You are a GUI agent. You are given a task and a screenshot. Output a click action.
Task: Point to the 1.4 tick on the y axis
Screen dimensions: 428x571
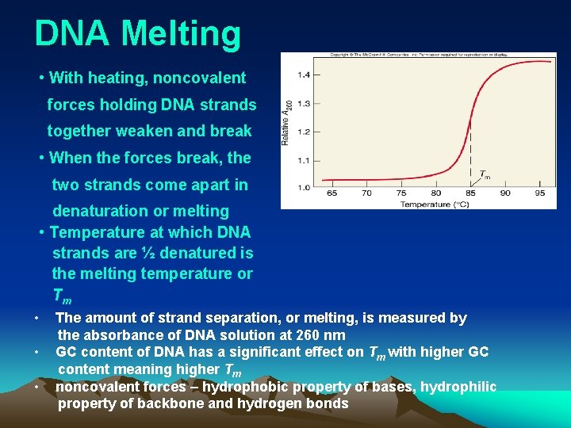coord(304,75)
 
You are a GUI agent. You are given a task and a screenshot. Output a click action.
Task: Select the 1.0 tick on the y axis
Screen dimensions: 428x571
coord(304,188)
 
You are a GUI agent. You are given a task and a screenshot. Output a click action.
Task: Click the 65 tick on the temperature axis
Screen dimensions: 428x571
coord(331,193)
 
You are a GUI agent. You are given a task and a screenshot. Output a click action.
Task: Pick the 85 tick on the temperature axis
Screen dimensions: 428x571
coord(470,193)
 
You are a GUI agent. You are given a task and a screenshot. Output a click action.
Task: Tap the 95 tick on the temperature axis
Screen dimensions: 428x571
coord(540,193)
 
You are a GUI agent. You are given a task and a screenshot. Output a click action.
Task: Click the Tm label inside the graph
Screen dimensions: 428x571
coord(485,174)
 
